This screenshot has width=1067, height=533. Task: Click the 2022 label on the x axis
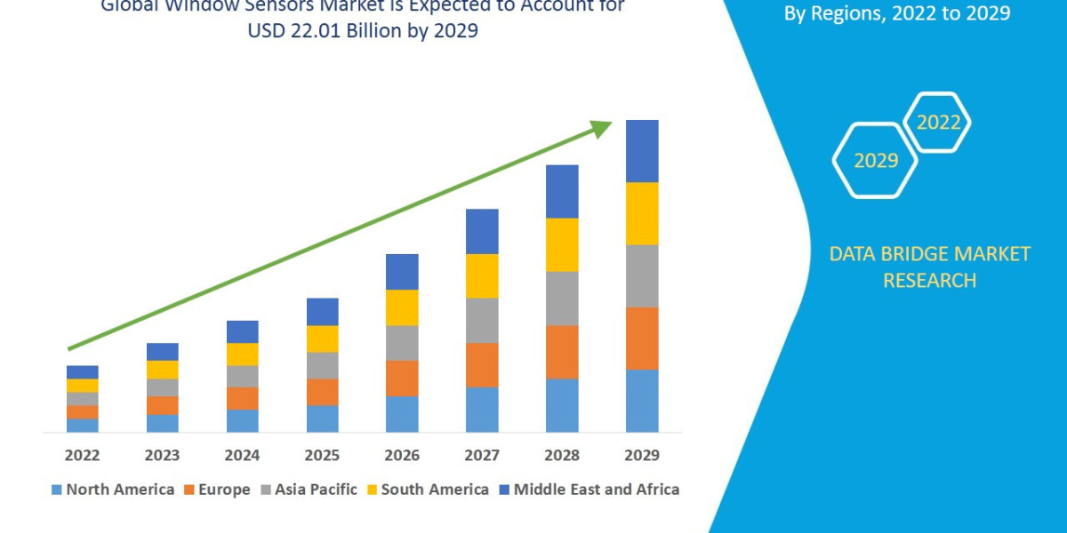(x=82, y=456)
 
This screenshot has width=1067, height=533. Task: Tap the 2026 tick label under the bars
(x=402, y=456)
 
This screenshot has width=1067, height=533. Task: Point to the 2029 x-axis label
(x=642, y=456)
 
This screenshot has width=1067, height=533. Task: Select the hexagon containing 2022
(x=937, y=123)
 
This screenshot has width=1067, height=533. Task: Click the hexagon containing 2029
(x=875, y=160)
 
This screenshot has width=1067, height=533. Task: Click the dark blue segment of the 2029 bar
(x=642, y=151)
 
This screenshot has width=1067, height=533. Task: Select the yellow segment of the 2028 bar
(x=562, y=244)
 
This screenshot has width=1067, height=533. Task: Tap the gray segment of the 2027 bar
(x=482, y=320)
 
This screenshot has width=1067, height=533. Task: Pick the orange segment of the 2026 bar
(x=402, y=378)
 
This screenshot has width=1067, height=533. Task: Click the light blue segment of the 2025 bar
(x=322, y=418)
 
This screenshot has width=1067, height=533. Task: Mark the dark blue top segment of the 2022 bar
(x=82, y=372)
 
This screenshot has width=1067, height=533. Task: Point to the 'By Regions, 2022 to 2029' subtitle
(x=896, y=14)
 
